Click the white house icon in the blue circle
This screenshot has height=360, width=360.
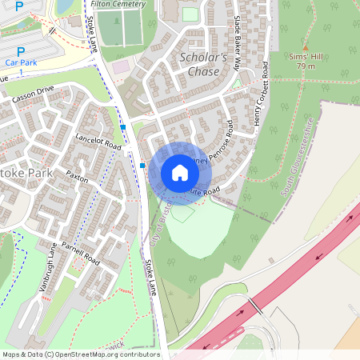[180, 173]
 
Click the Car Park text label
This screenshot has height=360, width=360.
[21, 62]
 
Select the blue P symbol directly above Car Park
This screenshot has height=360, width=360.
[21, 50]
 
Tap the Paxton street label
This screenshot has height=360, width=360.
[77, 174]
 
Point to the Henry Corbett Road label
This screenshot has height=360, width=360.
[258, 104]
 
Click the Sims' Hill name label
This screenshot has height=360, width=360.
[305, 57]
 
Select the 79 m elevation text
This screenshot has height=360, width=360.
[305, 66]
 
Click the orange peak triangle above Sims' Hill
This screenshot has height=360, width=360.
[305, 47]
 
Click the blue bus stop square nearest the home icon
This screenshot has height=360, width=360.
[142, 165]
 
